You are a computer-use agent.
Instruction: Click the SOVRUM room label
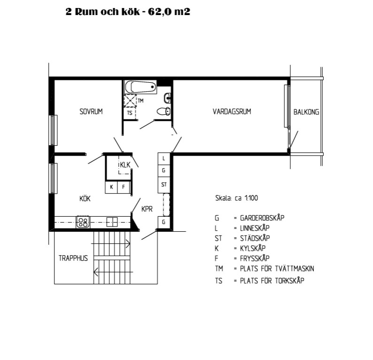click(91, 111)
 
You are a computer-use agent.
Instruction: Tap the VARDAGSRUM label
click(232, 111)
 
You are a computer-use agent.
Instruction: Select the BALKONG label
click(306, 112)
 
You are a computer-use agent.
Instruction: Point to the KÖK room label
click(85, 198)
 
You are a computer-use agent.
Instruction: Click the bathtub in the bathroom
click(140, 87)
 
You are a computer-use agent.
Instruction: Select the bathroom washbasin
click(167, 98)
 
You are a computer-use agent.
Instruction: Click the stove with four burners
click(83, 222)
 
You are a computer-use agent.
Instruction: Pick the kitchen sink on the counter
click(112, 222)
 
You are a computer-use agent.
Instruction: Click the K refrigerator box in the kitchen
click(111, 187)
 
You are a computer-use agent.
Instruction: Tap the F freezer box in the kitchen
click(124, 187)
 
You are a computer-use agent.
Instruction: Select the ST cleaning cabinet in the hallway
click(164, 185)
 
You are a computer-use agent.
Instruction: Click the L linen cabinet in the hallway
click(164, 158)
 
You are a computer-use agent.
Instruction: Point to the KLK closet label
click(125, 164)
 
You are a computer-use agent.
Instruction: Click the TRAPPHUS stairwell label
click(73, 258)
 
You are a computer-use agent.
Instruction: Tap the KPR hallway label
click(147, 209)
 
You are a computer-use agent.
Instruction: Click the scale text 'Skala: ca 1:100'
click(236, 198)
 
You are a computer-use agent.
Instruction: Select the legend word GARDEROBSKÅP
click(262, 218)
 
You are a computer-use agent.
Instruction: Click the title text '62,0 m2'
click(169, 12)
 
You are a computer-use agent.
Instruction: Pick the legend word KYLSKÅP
click(253, 248)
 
